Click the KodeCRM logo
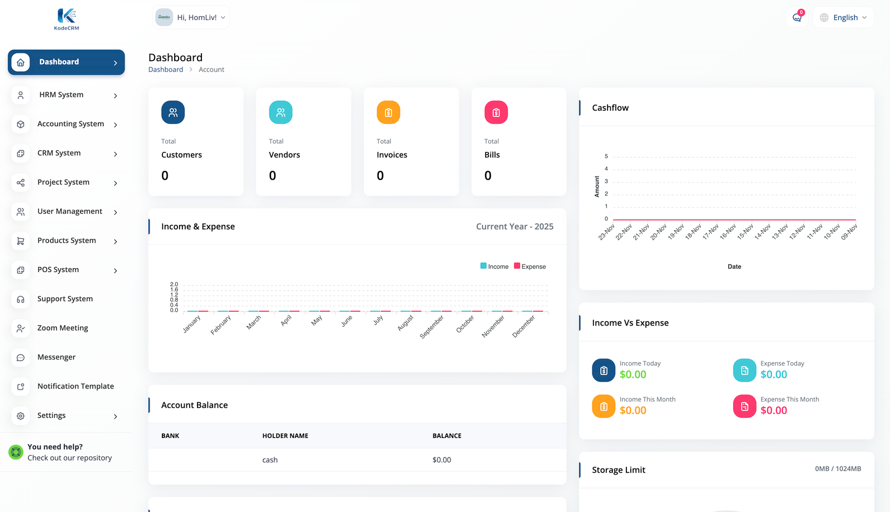67,19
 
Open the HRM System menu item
61,95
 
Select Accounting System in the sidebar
71,124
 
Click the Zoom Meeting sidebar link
62,328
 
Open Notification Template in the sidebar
75,386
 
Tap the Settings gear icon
21,416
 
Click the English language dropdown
844,18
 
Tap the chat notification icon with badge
797,17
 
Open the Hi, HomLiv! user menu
191,18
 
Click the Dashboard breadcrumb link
165,70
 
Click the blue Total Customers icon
173,112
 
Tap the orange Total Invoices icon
388,112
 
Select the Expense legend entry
530,267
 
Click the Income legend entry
495,267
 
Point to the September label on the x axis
432,327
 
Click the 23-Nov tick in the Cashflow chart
607,232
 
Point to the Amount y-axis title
597,186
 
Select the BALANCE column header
447,436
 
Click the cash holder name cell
270,460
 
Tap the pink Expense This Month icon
744,406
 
